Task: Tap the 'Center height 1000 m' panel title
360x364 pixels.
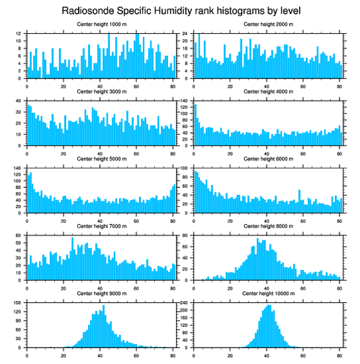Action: [101, 24]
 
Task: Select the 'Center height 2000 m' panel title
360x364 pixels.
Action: [268, 24]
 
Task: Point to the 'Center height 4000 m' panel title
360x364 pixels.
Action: [268, 91]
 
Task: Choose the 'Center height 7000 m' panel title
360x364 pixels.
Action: [101, 226]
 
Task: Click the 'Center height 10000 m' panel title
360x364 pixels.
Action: [268, 293]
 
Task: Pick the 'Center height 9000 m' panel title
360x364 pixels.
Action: [101, 293]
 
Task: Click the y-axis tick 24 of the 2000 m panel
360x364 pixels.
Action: [186, 34]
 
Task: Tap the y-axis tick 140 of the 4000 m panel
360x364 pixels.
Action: [185, 101]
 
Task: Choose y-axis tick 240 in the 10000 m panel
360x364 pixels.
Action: [185, 303]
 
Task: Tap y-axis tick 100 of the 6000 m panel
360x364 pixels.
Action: [185, 168]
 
